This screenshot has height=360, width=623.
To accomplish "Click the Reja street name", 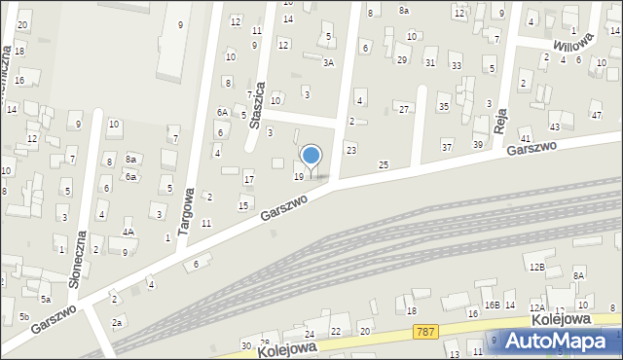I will point(501,118).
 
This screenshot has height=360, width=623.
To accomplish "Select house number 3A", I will point(329,62).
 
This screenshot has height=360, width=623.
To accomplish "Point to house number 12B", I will point(535,266).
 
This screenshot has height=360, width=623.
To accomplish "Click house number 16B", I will point(492,305).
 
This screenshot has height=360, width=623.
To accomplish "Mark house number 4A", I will point(128,233).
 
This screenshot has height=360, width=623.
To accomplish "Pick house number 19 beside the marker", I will point(298,176).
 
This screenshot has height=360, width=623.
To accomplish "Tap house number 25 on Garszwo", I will point(384,164).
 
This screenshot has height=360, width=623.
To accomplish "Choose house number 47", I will point(596,115).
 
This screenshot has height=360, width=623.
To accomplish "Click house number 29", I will point(401,60).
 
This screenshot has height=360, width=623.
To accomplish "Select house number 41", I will point(526,140).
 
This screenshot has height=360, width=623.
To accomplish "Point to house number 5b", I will point(23,317).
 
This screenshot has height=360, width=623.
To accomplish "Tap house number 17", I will point(248,179).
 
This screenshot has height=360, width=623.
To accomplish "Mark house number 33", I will point(456,65).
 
